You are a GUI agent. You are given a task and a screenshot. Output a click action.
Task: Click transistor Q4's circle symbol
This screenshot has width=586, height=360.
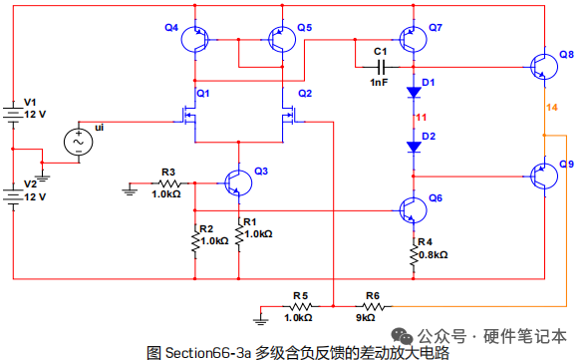click(x=194, y=39)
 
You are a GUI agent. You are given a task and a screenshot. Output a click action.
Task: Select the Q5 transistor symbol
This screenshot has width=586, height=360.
click(x=282, y=39)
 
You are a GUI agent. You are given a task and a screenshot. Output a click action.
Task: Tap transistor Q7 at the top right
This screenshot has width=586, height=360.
click(x=413, y=39)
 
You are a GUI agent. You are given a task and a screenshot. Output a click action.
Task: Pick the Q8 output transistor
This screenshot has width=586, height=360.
click(x=544, y=67)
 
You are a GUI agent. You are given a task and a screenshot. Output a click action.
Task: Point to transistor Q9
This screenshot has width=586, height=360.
click(x=544, y=177)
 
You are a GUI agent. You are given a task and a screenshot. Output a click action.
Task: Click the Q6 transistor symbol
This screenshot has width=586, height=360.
click(x=413, y=210)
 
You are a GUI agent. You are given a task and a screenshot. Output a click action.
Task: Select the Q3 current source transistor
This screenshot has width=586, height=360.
click(x=238, y=182)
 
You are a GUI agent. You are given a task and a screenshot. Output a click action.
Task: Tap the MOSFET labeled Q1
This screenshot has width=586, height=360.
click(x=188, y=115)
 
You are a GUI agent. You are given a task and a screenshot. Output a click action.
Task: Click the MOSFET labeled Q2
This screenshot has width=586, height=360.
click(x=290, y=115)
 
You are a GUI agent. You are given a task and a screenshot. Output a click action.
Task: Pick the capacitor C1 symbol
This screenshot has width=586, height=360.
click(x=381, y=67)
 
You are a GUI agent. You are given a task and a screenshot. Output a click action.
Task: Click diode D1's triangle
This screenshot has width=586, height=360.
click(x=414, y=93)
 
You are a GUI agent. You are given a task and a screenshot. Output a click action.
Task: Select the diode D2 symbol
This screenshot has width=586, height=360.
click(x=414, y=147)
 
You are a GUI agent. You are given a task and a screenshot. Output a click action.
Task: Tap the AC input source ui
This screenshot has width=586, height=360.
click(x=79, y=142)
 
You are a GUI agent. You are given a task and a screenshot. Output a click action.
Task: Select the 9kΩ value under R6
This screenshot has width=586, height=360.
click(x=365, y=318)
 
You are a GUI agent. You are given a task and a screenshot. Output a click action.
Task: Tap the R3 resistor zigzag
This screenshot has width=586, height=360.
click(x=169, y=183)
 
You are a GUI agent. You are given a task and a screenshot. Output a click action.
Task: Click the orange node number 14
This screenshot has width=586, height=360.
click(x=552, y=108)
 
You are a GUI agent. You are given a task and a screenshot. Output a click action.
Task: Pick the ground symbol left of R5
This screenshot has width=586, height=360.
click(x=260, y=319)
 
